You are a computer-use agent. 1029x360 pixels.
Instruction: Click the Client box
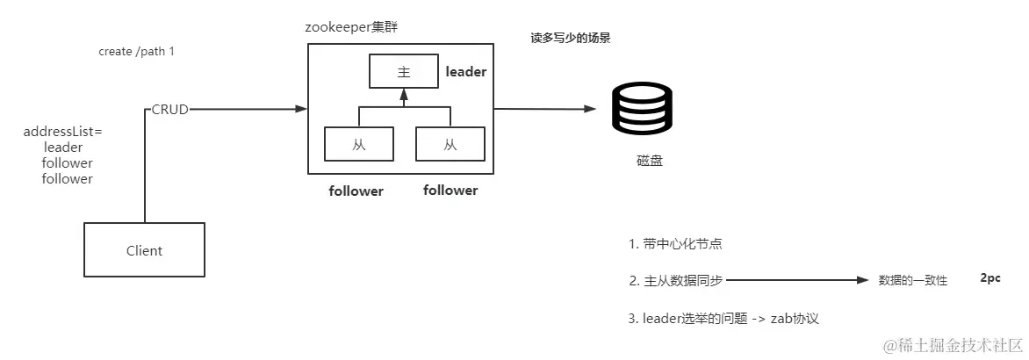coord(144,250)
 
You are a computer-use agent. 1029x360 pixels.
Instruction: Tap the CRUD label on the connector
coord(169,110)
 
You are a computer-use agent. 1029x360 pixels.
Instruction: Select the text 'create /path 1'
coord(136,52)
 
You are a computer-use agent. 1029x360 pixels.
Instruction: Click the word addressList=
coord(63,132)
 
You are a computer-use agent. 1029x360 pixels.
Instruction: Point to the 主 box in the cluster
coord(404,72)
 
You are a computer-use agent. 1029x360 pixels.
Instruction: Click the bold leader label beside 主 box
coord(465,72)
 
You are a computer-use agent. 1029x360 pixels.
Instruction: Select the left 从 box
coord(358,145)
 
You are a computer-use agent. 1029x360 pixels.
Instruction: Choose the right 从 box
coord(450,145)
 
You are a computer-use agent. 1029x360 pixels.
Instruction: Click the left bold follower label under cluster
coord(356,191)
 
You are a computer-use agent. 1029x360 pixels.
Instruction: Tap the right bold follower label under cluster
coord(450,190)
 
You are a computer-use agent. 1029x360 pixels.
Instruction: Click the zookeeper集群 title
coord(352,26)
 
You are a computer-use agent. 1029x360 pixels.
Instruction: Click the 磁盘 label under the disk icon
coord(650,162)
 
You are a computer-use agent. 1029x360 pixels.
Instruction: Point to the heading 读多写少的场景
coord(571,39)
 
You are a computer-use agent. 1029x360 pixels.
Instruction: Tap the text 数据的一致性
coord(913,281)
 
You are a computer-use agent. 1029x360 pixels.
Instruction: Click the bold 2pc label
coord(991,277)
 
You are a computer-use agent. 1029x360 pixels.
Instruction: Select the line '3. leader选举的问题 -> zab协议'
coord(724,318)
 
